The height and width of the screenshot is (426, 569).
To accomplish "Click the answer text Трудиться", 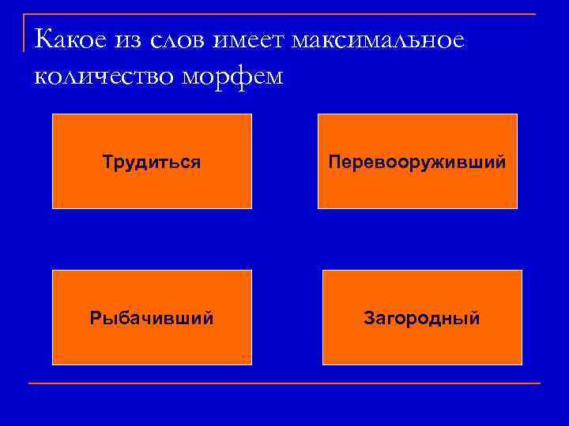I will pyautogui.click(x=151, y=163).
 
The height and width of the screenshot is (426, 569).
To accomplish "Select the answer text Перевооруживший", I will pyautogui.click(x=417, y=163).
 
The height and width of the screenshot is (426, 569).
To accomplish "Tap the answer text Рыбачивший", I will pyautogui.click(x=152, y=319).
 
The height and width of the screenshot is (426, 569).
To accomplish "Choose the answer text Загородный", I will pyautogui.click(x=422, y=319).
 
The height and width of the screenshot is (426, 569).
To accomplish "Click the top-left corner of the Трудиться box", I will pyautogui.click(x=53, y=114).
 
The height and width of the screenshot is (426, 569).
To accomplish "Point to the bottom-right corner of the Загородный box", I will pyautogui.click(x=522, y=364).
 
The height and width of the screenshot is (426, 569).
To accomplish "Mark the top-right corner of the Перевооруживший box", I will pyautogui.click(x=517, y=114).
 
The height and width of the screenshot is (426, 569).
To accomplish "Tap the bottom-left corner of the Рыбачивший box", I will pyautogui.click(x=53, y=364).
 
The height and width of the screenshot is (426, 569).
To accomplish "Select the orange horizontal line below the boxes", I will pyautogui.click(x=284, y=383).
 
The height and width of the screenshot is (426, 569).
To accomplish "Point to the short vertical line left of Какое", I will pyautogui.click(x=24, y=32).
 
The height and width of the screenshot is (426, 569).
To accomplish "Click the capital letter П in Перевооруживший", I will pyautogui.click(x=334, y=163).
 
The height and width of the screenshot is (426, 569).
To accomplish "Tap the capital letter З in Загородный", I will pyautogui.click(x=368, y=319).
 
